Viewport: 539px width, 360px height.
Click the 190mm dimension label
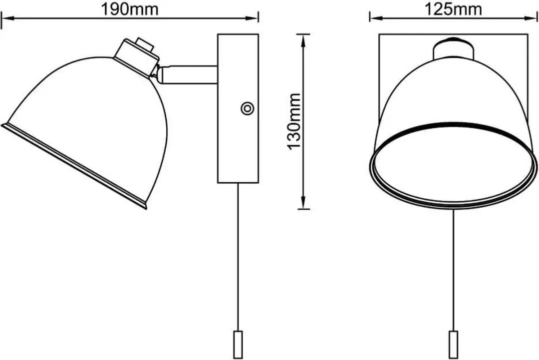(x=130, y=9)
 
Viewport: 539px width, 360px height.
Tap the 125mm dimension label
(x=453, y=9)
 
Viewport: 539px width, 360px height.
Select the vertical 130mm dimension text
(x=294, y=121)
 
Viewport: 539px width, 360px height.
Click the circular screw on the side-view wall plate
(x=247, y=109)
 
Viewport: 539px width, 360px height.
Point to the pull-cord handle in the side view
(x=238, y=344)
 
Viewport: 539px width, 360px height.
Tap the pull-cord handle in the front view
(x=454, y=344)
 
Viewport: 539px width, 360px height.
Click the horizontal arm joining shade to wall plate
(x=188, y=74)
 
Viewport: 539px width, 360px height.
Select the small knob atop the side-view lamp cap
(x=144, y=44)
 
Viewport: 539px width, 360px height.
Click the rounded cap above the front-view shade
(x=454, y=48)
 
